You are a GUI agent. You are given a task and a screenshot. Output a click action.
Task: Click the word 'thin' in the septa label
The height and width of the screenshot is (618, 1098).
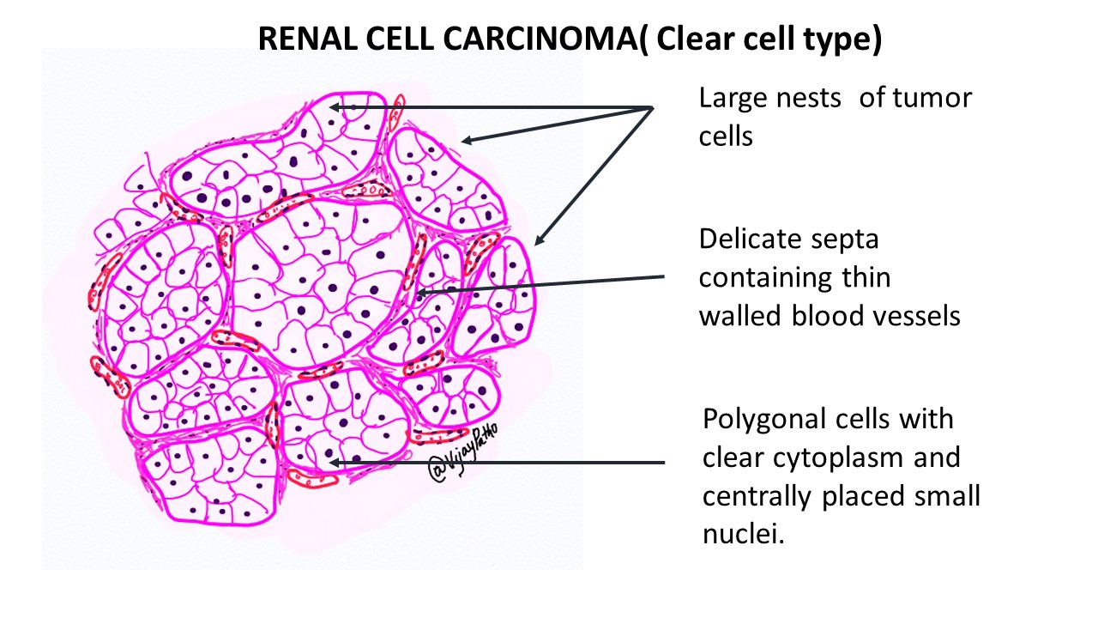[x=866, y=277]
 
